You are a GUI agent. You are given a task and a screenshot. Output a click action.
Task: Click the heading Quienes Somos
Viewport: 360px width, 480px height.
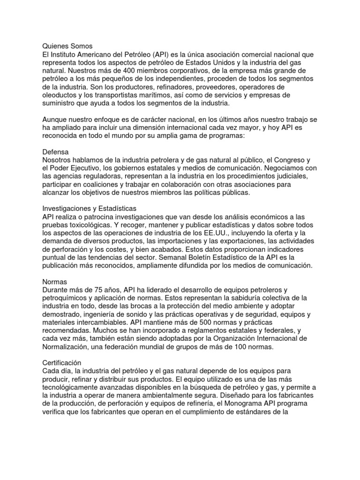[x=68, y=46]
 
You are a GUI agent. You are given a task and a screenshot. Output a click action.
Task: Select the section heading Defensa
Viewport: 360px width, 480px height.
[x=56, y=152]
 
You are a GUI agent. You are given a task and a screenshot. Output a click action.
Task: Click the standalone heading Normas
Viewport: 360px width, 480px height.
[x=55, y=282]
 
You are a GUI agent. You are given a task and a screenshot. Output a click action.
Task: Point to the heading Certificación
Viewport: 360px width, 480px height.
[x=62, y=363]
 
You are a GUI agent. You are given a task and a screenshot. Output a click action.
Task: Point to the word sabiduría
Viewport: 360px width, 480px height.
[x=247, y=298]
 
